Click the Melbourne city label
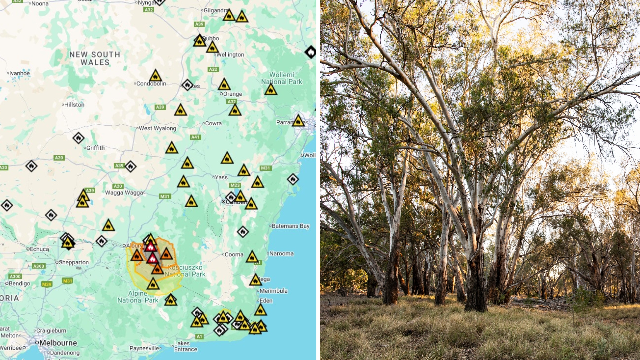(58, 343)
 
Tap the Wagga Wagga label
(124, 193)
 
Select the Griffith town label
(95, 148)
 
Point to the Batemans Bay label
(291, 226)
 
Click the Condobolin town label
(151, 84)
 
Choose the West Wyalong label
(157, 128)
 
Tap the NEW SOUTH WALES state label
(95, 58)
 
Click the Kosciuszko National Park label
(185, 271)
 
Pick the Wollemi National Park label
(282, 78)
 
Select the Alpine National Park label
(138, 297)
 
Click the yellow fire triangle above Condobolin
(155, 76)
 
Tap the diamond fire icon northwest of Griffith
(78, 138)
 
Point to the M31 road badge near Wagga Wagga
(165, 196)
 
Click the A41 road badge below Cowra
(195, 137)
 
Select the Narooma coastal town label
(281, 254)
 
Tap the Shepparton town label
(74, 262)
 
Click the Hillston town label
(74, 105)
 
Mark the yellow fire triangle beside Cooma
(252, 257)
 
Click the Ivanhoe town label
(19, 73)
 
